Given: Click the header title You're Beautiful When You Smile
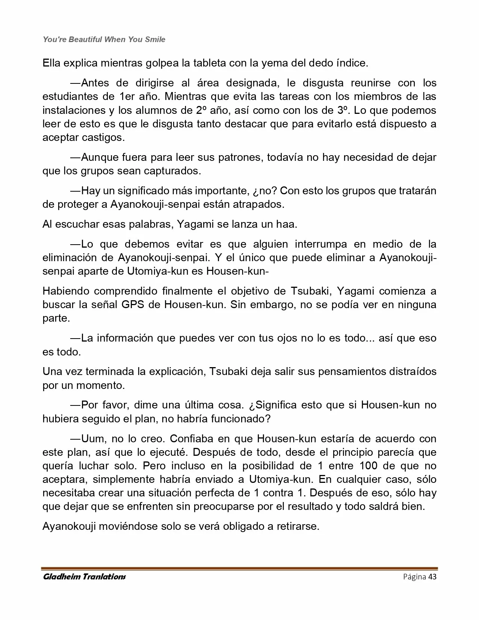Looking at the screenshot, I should point(104,39).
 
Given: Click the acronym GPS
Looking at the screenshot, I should point(133,305).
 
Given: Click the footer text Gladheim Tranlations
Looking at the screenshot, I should point(84,577).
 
